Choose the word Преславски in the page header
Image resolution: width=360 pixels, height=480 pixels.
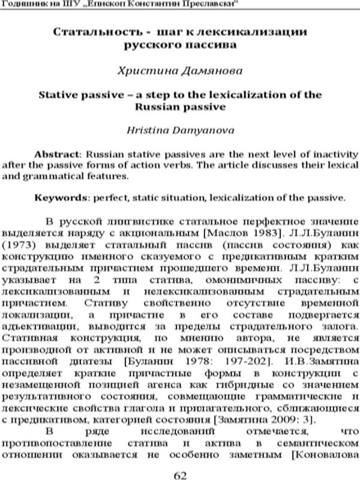(x=211, y=4)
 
